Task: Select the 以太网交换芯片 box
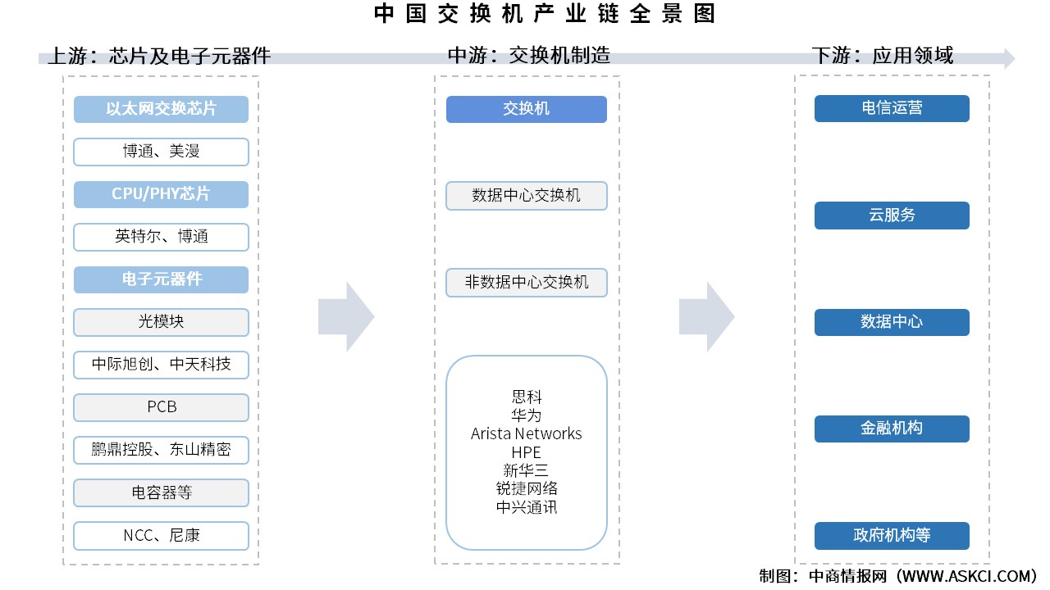161,109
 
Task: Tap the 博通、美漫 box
161,152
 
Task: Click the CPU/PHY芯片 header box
161,194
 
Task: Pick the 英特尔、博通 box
161,237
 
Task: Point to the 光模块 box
161,322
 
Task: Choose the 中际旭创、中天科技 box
161,365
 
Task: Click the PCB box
161,407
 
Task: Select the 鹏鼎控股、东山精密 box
161,450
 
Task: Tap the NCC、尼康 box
161,535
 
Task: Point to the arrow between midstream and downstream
706,316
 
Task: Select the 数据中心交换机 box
527,196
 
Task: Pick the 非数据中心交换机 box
527,282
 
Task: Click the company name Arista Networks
527,433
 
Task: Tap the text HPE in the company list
527,452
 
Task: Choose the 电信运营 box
892,108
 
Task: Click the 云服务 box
892,216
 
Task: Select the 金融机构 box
892,429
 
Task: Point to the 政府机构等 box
892,536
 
